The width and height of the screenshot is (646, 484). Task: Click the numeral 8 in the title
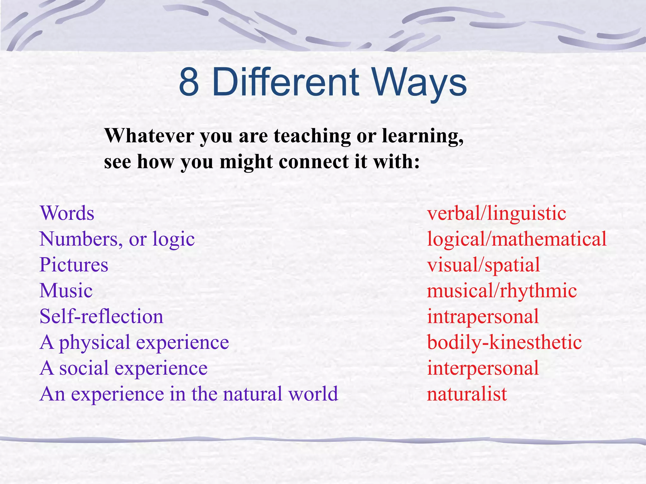pyautogui.click(x=189, y=83)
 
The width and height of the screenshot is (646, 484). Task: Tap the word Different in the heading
pyautogui.click(x=285, y=83)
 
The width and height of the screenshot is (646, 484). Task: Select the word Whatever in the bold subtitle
pyautogui.click(x=149, y=136)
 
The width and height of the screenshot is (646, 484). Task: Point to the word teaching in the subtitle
pyautogui.click(x=312, y=136)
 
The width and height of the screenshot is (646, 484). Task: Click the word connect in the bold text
pyautogui.click(x=314, y=162)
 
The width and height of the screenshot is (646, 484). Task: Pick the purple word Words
pyautogui.click(x=67, y=213)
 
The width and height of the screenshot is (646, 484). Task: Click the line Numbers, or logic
pyautogui.click(x=117, y=239)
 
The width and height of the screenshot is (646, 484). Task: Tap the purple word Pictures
pyautogui.click(x=74, y=265)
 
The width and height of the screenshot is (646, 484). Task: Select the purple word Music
pyautogui.click(x=66, y=291)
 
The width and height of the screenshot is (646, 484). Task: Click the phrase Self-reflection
pyautogui.click(x=102, y=316)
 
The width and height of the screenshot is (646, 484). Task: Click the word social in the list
pyautogui.click(x=84, y=368)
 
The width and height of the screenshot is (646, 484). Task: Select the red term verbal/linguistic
pyautogui.click(x=496, y=213)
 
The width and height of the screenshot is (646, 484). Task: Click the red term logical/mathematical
pyautogui.click(x=517, y=239)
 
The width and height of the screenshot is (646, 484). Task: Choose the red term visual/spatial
pyautogui.click(x=483, y=265)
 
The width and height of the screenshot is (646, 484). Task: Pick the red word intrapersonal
pyautogui.click(x=483, y=316)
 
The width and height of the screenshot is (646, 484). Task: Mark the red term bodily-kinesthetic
pyautogui.click(x=504, y=342)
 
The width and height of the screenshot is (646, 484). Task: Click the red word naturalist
pyautogui.click(x=467, y=394)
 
